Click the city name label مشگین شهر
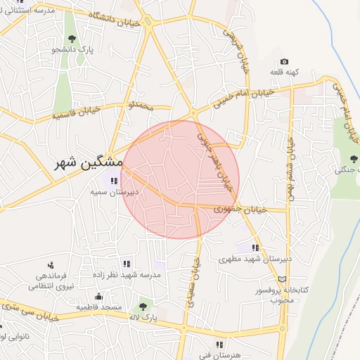91,162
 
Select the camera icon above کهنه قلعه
284,62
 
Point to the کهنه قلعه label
285,72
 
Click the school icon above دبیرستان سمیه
115,181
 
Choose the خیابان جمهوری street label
241,209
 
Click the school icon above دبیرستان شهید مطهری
255,247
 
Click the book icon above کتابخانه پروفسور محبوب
283,279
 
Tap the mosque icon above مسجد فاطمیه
99,296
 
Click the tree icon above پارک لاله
143,307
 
